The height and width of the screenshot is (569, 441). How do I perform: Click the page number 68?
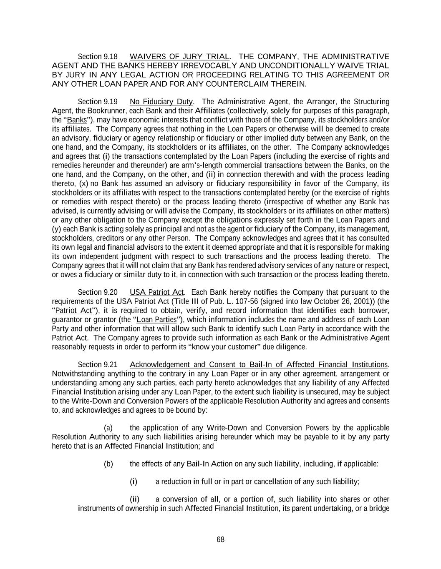click(x=220, y=539)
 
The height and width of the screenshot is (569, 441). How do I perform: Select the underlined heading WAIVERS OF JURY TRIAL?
click(x=179, y=57)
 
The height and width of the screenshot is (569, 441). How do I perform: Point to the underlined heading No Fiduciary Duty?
click(x=161, y=102)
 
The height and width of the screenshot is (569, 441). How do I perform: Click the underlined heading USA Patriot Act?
click(x=157, y=292)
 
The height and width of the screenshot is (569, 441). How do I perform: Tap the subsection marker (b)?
click(x=108, y=464)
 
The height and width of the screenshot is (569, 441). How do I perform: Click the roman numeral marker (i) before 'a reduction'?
click(x=134, y=482)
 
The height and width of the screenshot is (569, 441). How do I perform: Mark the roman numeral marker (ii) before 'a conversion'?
click(x=135, y=499)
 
